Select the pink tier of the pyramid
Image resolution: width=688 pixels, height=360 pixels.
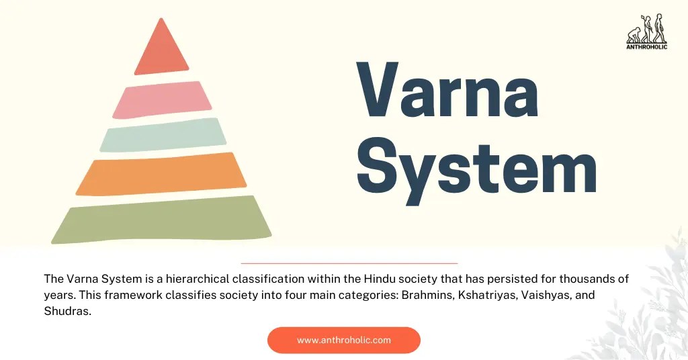coord(162,99)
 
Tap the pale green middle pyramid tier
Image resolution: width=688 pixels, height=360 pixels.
coord(162,135)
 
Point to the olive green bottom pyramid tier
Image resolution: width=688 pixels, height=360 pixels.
coord(161,220)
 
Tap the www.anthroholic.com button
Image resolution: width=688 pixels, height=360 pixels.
coord(343,340)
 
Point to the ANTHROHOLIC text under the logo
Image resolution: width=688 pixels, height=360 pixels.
coord(646,47)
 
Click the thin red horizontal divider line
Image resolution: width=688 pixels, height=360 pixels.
coord(349,263)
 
